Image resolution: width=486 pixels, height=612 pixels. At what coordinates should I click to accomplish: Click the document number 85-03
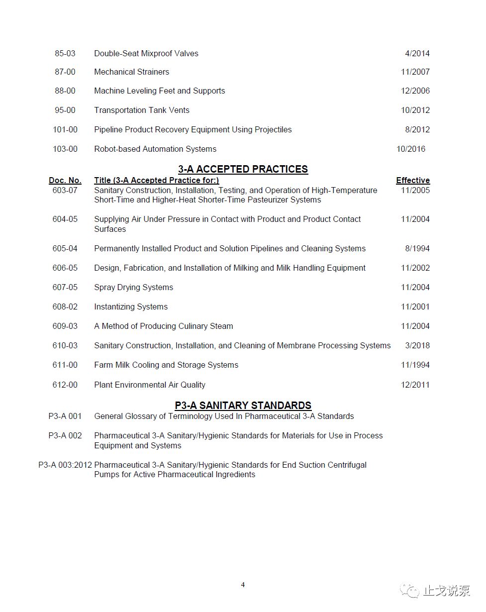coord(65,53)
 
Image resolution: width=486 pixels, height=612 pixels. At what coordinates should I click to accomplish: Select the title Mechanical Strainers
coord(131,72)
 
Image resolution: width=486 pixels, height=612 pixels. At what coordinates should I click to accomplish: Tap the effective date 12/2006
coord(415,91)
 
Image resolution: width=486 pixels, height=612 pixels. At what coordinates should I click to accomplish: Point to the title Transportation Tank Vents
coord(141,110)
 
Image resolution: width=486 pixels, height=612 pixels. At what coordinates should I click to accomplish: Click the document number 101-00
coord(65,129)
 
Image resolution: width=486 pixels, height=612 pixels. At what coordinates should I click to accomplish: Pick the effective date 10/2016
coord(410,149)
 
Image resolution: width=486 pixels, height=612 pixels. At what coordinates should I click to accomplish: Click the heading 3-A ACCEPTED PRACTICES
coord(243,169)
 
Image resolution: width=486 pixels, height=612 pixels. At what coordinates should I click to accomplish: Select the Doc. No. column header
coord(65,180)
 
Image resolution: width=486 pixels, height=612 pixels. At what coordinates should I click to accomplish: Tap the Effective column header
coord(412,180)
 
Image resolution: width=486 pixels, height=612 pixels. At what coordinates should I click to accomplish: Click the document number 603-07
coord(65,190)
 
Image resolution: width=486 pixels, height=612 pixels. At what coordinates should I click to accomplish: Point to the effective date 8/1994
coord(417,248)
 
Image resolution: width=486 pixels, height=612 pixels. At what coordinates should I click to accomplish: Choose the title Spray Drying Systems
coord(133,287)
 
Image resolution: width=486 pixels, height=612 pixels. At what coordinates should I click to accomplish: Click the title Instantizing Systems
coord(131,306)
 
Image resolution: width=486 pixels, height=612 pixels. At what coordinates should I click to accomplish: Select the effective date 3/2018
coord(417,345)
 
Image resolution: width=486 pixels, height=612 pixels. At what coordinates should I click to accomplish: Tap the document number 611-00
coord(65,365)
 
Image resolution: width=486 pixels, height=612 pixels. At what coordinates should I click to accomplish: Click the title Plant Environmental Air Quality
coord(149,385)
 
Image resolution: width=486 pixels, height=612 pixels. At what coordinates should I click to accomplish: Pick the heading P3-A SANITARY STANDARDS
coord(243,406)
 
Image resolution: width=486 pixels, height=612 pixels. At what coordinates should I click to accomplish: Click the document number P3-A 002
coord(65,435)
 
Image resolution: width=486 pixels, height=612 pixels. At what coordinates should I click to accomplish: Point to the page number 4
coord(243,585)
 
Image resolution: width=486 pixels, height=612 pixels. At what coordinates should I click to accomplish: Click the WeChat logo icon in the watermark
coord(412,591)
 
